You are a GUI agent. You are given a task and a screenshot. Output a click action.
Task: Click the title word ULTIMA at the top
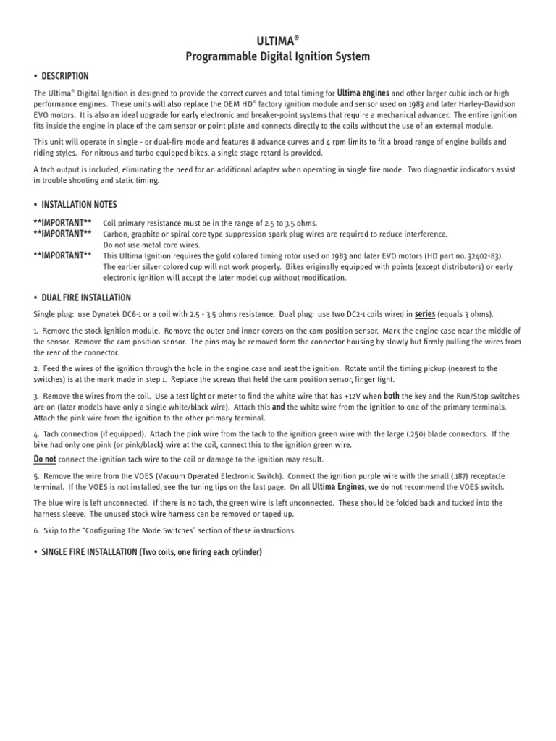click(x=275, y=41)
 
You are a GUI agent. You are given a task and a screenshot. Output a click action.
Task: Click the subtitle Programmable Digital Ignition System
click(x=278, y=56)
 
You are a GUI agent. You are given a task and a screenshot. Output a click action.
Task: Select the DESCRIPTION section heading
click(x=65, y=76)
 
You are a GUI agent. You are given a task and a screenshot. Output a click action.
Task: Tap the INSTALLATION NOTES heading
click(x=79, y=205)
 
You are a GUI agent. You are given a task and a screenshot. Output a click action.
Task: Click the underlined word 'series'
click(x=424, y=314)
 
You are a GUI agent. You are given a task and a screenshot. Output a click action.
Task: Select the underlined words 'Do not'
click(x=45, y=460)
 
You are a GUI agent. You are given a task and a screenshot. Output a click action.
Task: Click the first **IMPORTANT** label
click(x=62, y=223)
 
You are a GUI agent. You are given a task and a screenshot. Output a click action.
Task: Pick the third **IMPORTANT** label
click(x=62, y=255)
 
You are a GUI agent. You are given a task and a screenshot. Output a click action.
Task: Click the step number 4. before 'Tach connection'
click(x=37, y=434)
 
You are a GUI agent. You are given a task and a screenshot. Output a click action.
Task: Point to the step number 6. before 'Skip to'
click(x=37, y=530)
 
